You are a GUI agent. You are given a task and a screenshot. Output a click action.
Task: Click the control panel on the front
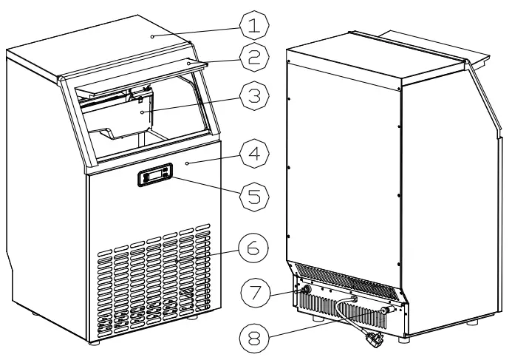(154, 176)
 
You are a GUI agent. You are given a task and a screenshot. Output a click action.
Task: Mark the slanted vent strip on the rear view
(347, 279)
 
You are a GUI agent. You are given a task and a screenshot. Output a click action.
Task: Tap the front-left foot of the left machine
(94, 342)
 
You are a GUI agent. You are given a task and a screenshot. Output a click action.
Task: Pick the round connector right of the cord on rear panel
(385, 311)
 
